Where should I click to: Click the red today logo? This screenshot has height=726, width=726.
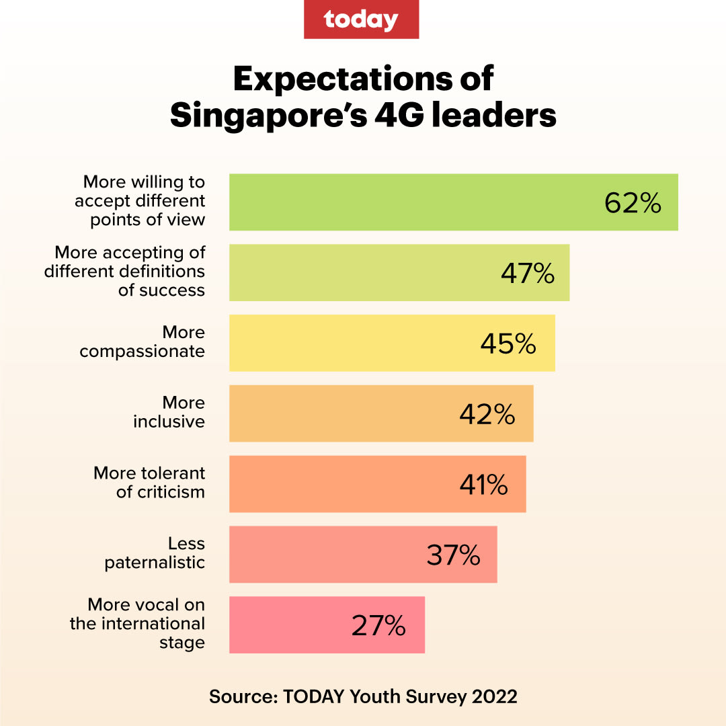click(361, 19)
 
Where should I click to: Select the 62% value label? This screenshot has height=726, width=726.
click(633, 203)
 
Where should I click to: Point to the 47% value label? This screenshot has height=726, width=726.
click(528, 274)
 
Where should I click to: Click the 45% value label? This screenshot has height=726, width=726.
click(508, 344)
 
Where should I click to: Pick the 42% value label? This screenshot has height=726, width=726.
click(487, 414)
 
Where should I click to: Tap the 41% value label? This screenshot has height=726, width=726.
click(483, 485)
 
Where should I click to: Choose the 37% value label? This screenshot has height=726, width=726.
click(453, 555)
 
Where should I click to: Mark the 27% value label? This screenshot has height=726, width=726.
click(378, 626)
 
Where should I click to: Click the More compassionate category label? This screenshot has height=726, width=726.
click(143, 342)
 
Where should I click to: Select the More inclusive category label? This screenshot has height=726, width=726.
click(169, 412)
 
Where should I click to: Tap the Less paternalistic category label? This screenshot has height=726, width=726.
click(155, 553)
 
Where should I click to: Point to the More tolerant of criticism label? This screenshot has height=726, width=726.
click(149, 483)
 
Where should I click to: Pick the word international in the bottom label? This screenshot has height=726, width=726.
click(152, 624)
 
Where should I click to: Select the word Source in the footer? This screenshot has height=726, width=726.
click(241, 696)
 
